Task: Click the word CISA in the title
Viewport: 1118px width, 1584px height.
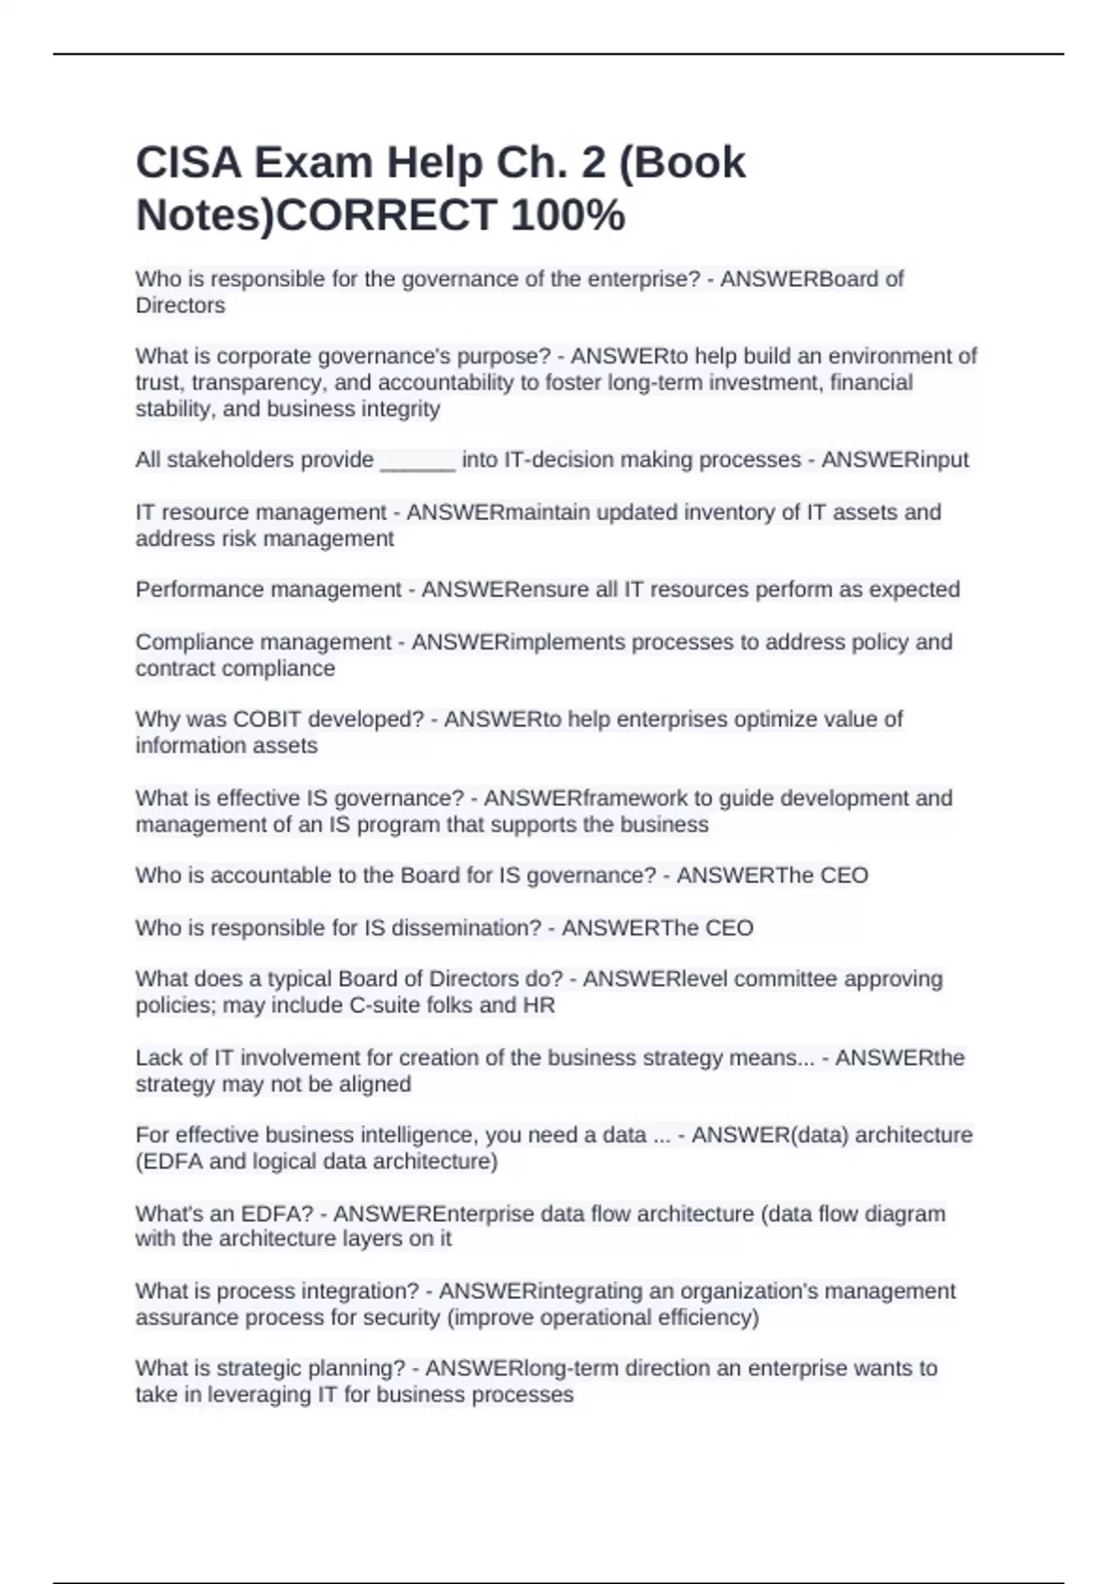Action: point(187,163)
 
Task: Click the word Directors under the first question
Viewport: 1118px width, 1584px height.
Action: point(180,306)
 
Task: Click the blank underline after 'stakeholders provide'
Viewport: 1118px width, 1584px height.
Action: point(418,460)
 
